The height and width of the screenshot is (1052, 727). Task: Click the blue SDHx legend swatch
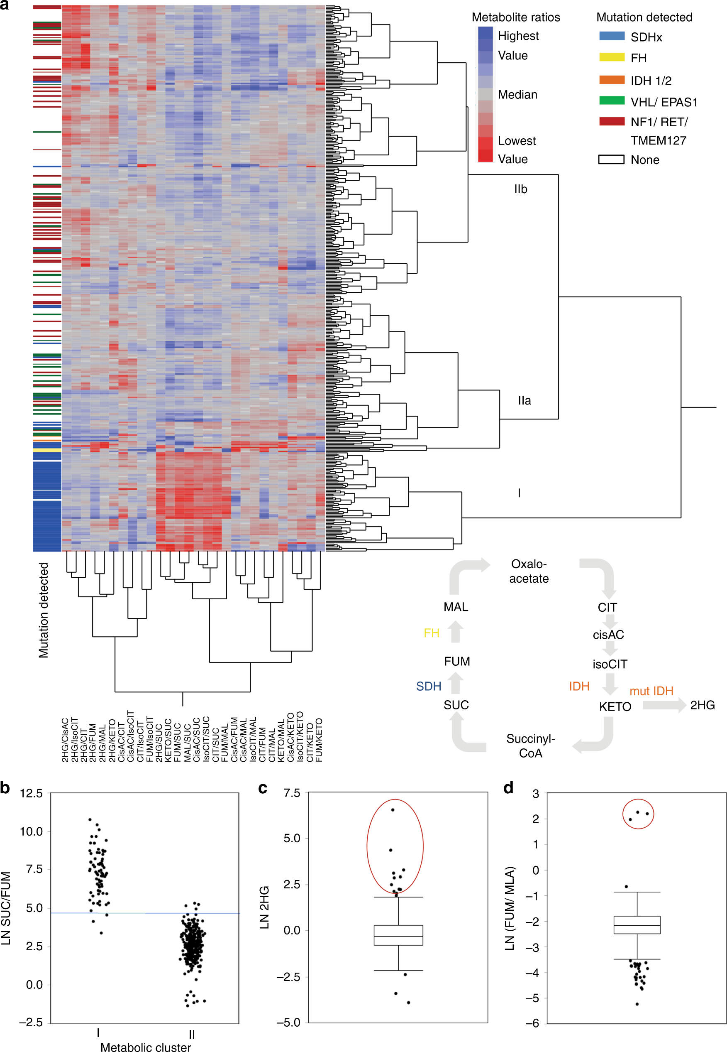pos(611,37)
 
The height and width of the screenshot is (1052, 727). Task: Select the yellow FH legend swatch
pos(611,57)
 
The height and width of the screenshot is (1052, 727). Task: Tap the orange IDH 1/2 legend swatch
pos(611,80)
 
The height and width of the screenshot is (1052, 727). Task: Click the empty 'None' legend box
pos(611,159)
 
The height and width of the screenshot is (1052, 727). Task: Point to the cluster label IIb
pos(520,189)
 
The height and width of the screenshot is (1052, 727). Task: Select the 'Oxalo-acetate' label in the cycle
pos(528,571)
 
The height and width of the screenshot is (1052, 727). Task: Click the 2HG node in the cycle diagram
pos(702,706)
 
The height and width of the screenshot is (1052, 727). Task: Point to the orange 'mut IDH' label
pos(651,691)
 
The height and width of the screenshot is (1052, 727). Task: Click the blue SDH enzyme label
pos(428,687)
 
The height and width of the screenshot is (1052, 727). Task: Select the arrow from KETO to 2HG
pos(664,705)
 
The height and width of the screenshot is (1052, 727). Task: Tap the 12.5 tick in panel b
pos(31,794)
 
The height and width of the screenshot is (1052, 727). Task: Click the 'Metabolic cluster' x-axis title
pos(145,1047)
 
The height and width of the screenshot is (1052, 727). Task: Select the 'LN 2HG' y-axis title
pos(264,907)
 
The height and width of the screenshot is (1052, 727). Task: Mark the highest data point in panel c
pos(393,810)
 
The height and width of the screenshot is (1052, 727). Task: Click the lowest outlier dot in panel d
pos(637,1004)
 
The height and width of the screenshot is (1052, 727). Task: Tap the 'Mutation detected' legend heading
pos(644,17)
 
